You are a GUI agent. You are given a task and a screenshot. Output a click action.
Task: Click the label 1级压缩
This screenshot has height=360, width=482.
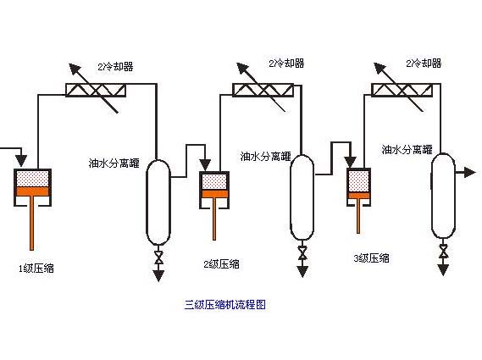36,268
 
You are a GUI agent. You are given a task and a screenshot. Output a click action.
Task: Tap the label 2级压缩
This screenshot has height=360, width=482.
221,263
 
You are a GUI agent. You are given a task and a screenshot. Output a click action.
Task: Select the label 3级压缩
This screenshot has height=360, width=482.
371,258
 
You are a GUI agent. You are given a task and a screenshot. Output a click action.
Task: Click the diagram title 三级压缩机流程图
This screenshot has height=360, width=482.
225,305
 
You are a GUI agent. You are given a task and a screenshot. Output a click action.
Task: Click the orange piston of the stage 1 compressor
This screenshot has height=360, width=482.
32,191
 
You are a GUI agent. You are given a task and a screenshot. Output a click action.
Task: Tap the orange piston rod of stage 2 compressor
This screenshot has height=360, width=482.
214,219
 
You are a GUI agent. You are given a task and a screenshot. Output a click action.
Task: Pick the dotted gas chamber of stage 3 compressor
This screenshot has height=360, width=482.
358,180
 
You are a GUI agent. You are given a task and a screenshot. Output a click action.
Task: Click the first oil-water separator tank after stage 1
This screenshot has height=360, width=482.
158,202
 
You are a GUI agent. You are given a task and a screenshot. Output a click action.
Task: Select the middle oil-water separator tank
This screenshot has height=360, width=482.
302,197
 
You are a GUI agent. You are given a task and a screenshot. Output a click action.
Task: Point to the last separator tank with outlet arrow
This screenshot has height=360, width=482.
443,196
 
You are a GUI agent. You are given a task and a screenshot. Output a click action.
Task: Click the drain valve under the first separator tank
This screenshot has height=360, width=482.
158,257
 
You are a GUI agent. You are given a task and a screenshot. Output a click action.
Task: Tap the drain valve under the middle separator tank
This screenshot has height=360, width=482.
302,252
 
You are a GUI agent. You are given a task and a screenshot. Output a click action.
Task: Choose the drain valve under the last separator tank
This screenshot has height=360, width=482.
443,251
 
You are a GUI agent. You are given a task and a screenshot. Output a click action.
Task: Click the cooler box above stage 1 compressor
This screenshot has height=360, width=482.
96,90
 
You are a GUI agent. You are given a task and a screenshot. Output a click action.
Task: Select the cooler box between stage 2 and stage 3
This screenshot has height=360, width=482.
263,90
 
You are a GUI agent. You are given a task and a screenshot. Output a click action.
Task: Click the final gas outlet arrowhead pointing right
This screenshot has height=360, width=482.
469,172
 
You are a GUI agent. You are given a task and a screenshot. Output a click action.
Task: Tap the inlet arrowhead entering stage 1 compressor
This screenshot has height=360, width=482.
21,161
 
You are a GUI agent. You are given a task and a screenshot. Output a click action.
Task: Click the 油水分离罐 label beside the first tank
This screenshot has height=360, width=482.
114,163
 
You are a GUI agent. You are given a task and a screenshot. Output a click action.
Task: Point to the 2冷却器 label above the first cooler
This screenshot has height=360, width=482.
115,66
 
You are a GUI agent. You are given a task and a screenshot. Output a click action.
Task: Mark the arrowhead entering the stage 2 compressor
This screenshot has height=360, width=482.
205,165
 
